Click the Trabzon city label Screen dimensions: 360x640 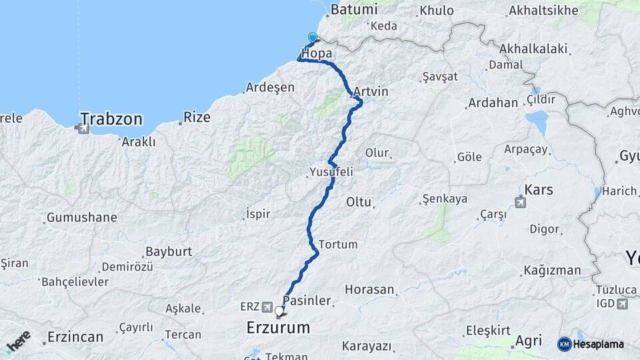[111, 119]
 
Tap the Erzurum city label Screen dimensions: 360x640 [278, 328]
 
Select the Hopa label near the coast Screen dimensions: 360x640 [317, 53]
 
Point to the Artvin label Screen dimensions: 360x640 [371, 91]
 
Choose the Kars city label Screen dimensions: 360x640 [539, 190]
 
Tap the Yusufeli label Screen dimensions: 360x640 [331, 172]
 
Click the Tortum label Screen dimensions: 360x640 [338, 244]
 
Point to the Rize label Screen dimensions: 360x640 [197, 117]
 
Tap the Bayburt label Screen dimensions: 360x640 [168, 251]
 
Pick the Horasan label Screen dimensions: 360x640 [370, 290]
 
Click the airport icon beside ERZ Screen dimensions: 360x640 [267, 307]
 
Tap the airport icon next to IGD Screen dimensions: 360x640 [623, 304]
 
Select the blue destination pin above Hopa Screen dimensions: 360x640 [312, 37]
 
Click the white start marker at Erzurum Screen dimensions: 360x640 [279, 311]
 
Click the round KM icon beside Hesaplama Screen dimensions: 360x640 [564, 344]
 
